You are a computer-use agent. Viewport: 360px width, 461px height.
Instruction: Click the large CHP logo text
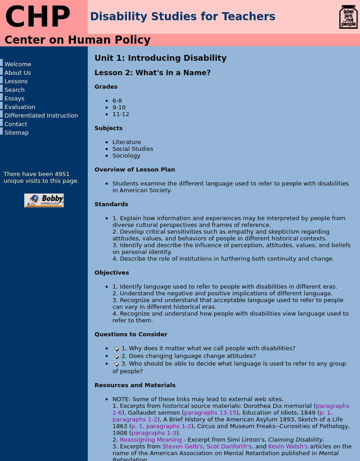(x=38, y=17)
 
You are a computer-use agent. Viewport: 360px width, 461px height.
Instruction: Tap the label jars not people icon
(x=348, y=17)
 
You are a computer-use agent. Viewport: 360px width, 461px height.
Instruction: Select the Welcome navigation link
(x=18, y=64)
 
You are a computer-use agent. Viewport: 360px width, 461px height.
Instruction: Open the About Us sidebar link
(x=18, y=73)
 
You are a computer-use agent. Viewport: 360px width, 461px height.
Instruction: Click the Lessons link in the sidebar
(x=16, y=81)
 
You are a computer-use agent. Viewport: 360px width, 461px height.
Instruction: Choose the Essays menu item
(x=14, y=99)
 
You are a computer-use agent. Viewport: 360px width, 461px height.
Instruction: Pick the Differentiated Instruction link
(x=41, y=116)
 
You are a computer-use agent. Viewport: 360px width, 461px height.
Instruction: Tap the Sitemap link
(x=17, y=133)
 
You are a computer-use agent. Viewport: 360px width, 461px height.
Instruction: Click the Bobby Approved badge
(x=44, y=200)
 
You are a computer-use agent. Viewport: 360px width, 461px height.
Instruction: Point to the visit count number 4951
(x=62, y=174)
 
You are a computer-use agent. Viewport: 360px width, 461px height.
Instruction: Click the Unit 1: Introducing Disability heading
(x=161, y=58)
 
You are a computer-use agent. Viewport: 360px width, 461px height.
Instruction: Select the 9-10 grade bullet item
(x=119, y=108)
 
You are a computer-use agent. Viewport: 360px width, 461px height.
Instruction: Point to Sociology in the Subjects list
(x=126, y=156)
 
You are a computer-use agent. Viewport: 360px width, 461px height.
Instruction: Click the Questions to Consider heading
(x=131, y=334)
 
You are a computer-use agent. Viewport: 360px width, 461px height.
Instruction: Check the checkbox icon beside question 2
(x=117, y=357)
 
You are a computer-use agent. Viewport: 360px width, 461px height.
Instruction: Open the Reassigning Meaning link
(x=151, y=440)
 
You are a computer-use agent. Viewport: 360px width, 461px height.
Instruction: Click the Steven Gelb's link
(x=183, y=447)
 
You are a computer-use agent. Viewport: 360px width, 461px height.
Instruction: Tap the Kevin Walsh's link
(x=288, y=447)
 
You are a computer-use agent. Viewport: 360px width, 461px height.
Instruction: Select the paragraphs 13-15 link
(x=210, y=413)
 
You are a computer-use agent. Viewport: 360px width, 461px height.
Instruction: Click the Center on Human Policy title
(x=77, y=40)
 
